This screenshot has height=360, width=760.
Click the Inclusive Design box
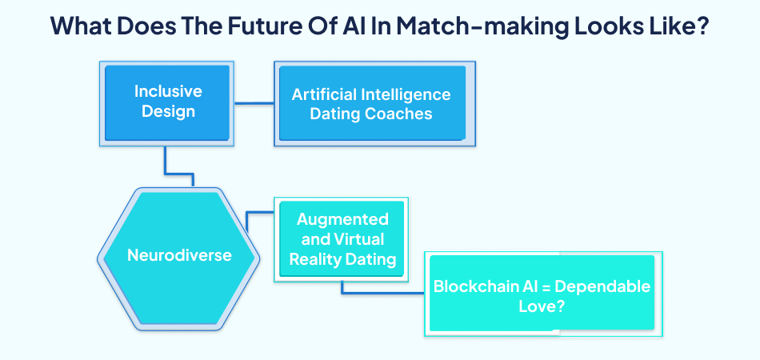pos(168,102)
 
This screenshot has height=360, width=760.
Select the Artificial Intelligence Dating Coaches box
pos(370,104)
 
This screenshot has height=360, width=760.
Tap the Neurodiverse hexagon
pos(179,256)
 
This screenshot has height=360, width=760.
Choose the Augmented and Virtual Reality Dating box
pos(342,238)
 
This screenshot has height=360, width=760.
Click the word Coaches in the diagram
pos(398,114)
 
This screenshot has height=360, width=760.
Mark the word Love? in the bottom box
pos(542,305)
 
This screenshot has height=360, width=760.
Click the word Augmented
pos(342,219)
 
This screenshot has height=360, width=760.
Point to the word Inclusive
pos(168,92)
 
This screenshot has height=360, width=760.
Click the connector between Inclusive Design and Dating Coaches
pos(254,102)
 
